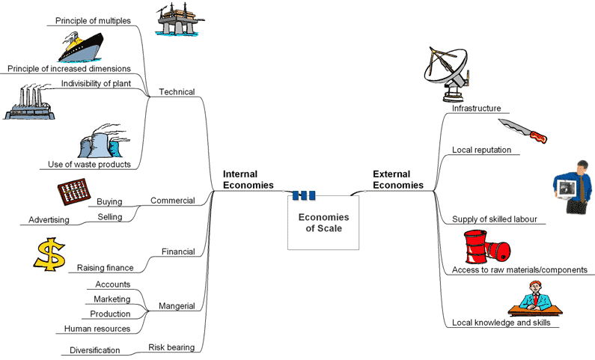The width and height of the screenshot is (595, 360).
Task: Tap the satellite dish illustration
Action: [448, 75]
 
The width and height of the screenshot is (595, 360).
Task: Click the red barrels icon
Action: [486, 246]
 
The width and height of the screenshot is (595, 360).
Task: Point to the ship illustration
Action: [86, 47]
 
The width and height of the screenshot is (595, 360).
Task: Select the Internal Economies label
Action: [248, 180]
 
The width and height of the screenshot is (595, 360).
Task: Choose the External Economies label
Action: [397, 180]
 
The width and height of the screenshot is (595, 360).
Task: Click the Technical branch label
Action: [177, 92]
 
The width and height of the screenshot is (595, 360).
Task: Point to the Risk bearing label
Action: [171, 347]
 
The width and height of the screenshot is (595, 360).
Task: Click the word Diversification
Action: [94, 350]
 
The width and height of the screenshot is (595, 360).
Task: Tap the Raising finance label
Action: [105, 267]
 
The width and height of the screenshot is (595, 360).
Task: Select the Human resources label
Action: [97, 329]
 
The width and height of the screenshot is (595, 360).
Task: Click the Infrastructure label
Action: [476, 109]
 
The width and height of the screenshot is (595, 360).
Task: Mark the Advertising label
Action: [49, 220]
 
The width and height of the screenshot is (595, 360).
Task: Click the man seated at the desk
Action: [536, 297]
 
